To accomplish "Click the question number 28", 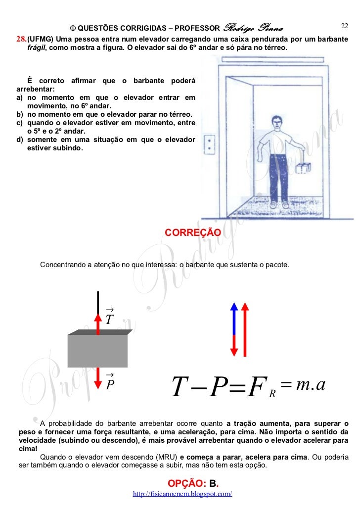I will (x=21, y=39).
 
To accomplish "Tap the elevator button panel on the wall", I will (x=212, y=143).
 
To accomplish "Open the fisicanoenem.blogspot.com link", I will (x=182, y=494).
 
